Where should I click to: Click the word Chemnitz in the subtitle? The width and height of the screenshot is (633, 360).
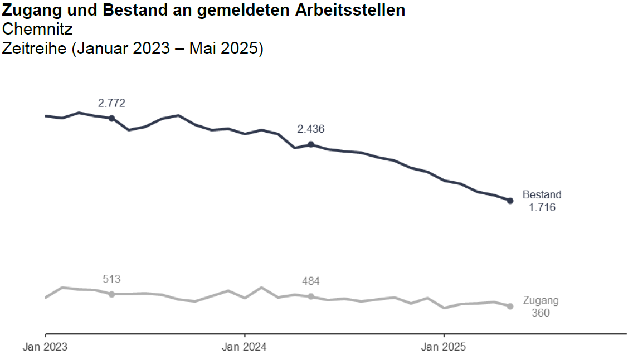pos(37,30)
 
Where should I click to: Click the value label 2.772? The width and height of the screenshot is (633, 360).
pos(111,103)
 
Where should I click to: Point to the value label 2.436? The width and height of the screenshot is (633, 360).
pos(311,129)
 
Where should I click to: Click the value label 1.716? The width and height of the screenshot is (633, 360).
pos(542,208)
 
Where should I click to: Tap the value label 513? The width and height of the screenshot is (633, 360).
pos(111,279)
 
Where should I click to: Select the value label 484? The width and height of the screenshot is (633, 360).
pos(311,281)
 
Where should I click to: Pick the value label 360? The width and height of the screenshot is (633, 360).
pos(541,313)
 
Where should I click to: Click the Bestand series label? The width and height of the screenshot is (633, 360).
pos(542,195)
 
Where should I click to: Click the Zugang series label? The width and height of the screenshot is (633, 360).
pos(541,301)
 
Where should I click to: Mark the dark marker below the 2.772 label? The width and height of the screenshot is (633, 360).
pos(111,118)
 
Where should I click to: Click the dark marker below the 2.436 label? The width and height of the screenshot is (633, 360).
pos(311,144)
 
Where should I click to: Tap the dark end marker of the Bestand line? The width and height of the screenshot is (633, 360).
pos(510,201)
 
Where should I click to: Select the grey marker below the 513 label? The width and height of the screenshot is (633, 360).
pos(111,294)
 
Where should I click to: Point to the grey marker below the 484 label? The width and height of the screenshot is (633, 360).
pos(311,296)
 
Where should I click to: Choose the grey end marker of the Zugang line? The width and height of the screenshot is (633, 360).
pos(510,306)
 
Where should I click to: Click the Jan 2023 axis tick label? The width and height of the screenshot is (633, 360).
pos(45,347)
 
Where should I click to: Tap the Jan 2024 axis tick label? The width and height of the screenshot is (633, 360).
pos(244,347)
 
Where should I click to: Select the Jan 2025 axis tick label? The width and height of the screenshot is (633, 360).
pos(444,347)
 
